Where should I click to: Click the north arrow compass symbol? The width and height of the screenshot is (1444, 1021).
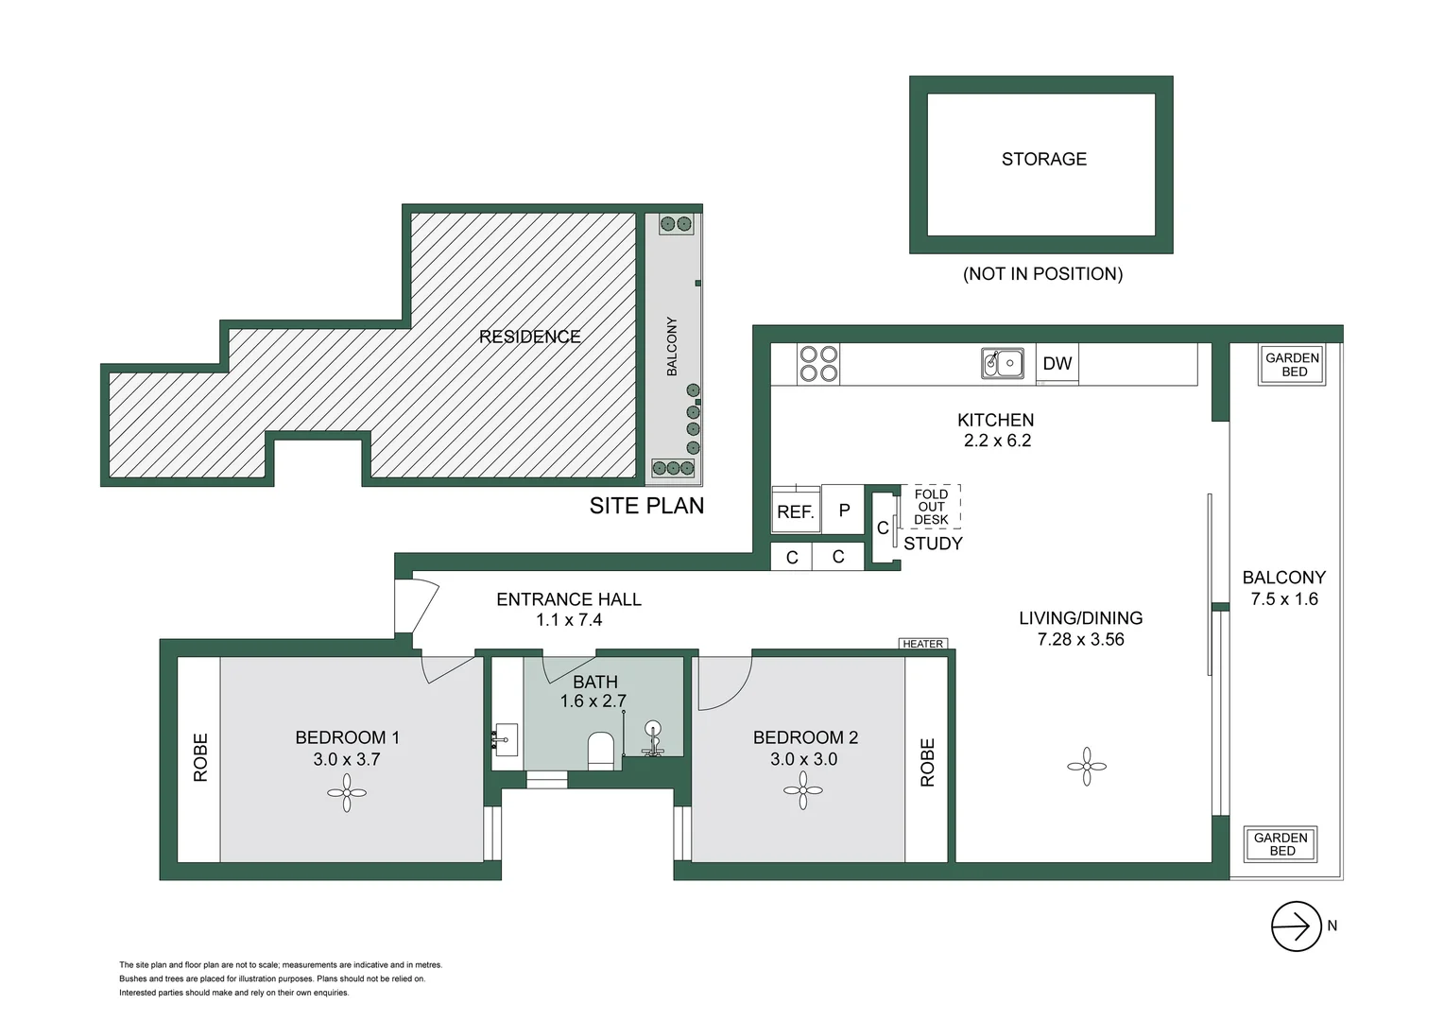click(1296, 926)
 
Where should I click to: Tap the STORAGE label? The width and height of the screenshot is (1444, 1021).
click(1043, 159)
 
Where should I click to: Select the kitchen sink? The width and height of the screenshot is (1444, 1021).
click(1002, 363)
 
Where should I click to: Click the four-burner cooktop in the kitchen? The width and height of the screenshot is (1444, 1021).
click(818, 364)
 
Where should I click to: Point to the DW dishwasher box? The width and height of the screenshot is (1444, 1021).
click(1057, 364)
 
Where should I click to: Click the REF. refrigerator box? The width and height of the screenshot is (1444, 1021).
click(796, 510)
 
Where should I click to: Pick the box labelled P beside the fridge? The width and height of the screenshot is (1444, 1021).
click(844, 510)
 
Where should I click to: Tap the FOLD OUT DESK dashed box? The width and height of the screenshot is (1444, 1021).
click(931, 507)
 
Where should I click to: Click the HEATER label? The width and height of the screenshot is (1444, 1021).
click(922, 644)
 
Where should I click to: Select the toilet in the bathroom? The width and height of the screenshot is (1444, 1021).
click(601, 751)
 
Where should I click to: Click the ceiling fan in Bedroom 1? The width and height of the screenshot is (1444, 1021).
click(347, 793)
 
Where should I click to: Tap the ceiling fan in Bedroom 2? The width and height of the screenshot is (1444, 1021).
click(802, 790)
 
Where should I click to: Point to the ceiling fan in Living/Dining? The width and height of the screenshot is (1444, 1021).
click(1087, 767)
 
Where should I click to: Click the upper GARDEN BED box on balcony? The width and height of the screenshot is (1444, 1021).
click(1292, 365)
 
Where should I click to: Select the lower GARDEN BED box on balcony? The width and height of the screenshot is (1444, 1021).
click(1281, 844)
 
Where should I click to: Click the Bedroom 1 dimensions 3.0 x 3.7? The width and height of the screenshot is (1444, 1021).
click(347, 759)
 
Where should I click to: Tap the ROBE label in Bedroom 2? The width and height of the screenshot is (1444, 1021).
click(927, 762)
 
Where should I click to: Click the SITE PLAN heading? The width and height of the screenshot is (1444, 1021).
click(646, 506)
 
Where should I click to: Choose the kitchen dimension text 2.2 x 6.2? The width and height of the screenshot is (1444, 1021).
click(997, 441)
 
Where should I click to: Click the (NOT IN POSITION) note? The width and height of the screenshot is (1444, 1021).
click(1042, 274)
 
